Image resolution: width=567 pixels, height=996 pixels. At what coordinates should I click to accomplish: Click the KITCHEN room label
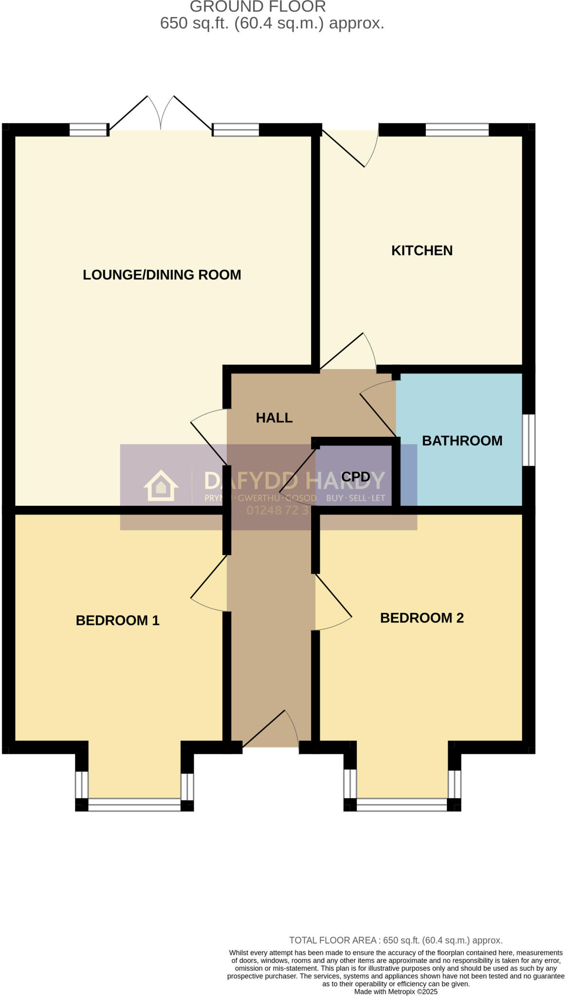(x=421, y=250)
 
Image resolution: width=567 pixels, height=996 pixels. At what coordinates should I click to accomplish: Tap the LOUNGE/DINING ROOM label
(x=162, y=275)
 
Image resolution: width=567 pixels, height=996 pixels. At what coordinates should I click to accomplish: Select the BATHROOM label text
(x=461, y=441)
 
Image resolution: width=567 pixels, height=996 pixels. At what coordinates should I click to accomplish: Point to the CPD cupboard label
(x=355, y=477)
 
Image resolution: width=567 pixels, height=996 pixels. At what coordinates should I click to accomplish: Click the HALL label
(x=274, y=418)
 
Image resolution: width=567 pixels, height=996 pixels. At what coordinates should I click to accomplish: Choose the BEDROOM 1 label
(x=117, y=621)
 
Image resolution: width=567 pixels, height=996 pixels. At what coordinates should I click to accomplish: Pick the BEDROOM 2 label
(x=421, y=618)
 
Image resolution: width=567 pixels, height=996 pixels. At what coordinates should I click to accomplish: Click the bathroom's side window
(x=529, y=440)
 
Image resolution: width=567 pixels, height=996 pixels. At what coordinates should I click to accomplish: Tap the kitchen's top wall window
(x=457, y=130)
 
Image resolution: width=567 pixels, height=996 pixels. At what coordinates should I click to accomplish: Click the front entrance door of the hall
(x=271, y=729)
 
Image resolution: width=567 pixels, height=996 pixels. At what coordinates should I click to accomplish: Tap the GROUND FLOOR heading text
(x=257, y=7)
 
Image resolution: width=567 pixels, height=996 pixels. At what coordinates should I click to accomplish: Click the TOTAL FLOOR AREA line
(x=395, y=941)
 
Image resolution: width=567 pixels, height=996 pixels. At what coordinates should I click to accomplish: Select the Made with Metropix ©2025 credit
(x=395, y=992)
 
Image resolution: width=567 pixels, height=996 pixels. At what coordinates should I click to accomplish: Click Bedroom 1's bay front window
(x=134, y=805)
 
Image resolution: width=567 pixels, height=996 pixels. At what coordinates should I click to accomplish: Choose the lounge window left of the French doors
(x=88, y=130)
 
